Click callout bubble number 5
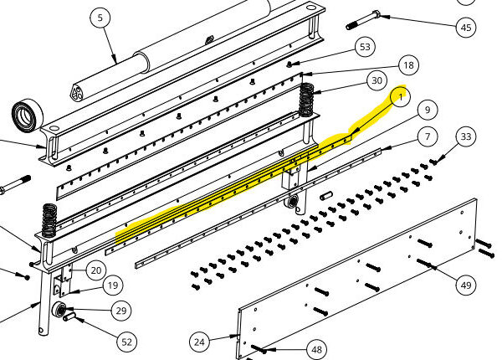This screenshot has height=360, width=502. (x=100, y=18)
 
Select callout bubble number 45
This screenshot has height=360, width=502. (x=466, y=28)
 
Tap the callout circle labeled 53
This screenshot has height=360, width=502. (x=365, y=47)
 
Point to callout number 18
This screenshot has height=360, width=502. (x=408, y=65)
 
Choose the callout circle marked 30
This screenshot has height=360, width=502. (x=376, y=80)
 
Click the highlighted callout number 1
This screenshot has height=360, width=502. (x=401, y=96)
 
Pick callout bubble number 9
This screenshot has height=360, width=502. (x=428, y=111)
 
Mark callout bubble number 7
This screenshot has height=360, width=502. (x=428, y=136)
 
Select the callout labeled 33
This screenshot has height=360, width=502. (x=466, y=136)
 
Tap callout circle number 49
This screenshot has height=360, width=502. (x=466, y=285)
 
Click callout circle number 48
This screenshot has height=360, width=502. (x=316, y=349)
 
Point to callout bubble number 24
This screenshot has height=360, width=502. (x=199, y=342)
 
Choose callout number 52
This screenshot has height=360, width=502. (x=127, y=342)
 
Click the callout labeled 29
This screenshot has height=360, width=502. (x=121, y=311)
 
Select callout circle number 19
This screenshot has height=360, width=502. (x=113, y=285)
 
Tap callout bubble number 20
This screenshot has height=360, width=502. (x=96, y=270)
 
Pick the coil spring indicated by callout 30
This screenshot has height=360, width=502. (x=306, y=100)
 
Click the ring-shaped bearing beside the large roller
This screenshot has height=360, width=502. (x=28, y=116)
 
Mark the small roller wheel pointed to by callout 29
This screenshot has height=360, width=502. (x=59, y=309)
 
